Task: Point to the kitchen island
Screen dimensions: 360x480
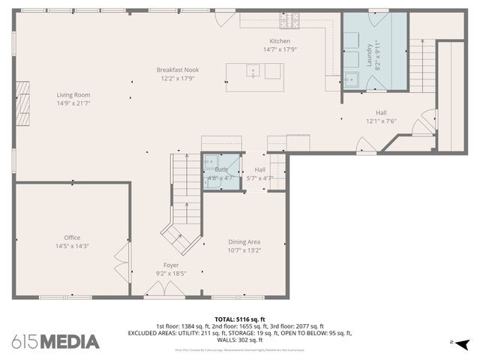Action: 254,72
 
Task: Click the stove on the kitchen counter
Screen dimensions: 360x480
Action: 289,20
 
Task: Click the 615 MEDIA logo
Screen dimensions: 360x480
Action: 55,342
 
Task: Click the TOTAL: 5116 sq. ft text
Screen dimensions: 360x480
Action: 239,318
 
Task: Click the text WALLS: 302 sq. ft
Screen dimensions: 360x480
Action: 239,340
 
